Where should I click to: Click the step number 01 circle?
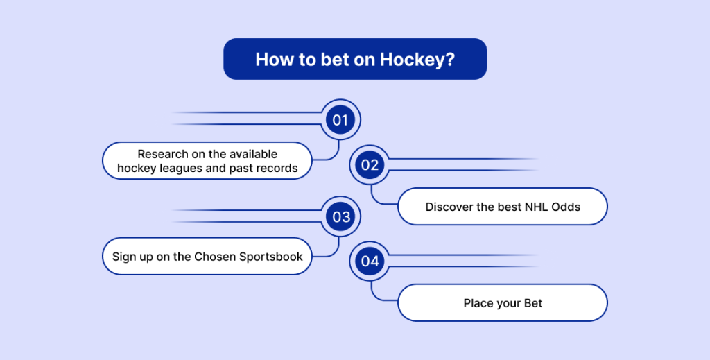[x=340, y=119]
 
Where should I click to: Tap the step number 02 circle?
[x=370, y=165]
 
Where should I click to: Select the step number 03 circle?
[x=340, y=216]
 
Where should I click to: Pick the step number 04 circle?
[x=370, y=262]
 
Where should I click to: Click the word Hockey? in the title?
[x=417, y=60]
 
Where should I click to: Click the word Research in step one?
[x=162, y=154]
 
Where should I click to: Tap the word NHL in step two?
[x=536, y=207]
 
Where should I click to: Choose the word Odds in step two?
[x=566, y=207]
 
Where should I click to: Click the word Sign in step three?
[x=122, y=257]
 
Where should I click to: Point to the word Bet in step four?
[x=533, y=303]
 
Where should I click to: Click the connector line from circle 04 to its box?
[x=375, y=298]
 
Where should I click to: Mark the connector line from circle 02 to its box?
[x=375, y=201]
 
